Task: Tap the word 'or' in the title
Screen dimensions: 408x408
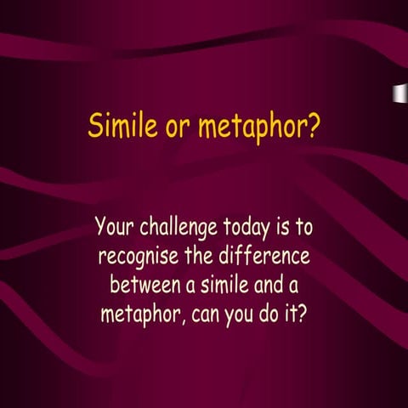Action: click(178, 128)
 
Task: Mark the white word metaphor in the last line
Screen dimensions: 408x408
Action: click(141, 311)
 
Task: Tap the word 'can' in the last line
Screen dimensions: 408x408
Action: click(207, 312)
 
